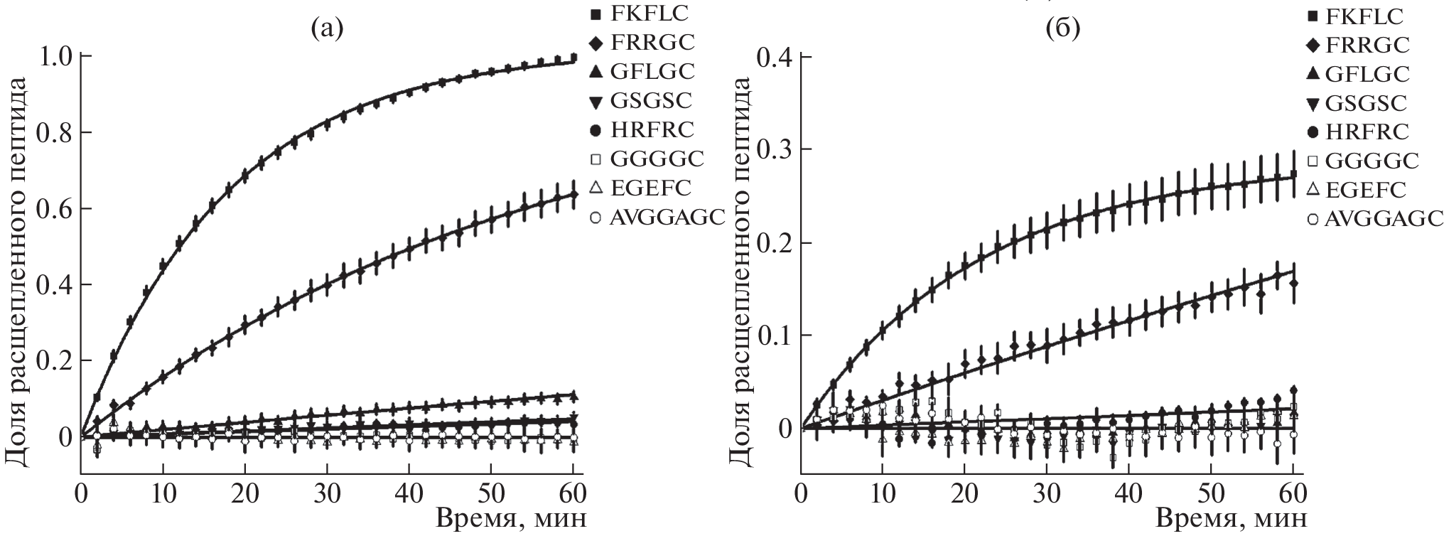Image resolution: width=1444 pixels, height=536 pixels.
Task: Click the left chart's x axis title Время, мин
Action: coord(511,518)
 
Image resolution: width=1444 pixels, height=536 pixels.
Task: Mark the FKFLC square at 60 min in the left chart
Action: coord(573,58)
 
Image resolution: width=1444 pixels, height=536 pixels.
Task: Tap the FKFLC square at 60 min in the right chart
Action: coord(1293,174)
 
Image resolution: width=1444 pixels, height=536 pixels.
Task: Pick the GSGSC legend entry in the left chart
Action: coord(649,100)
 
